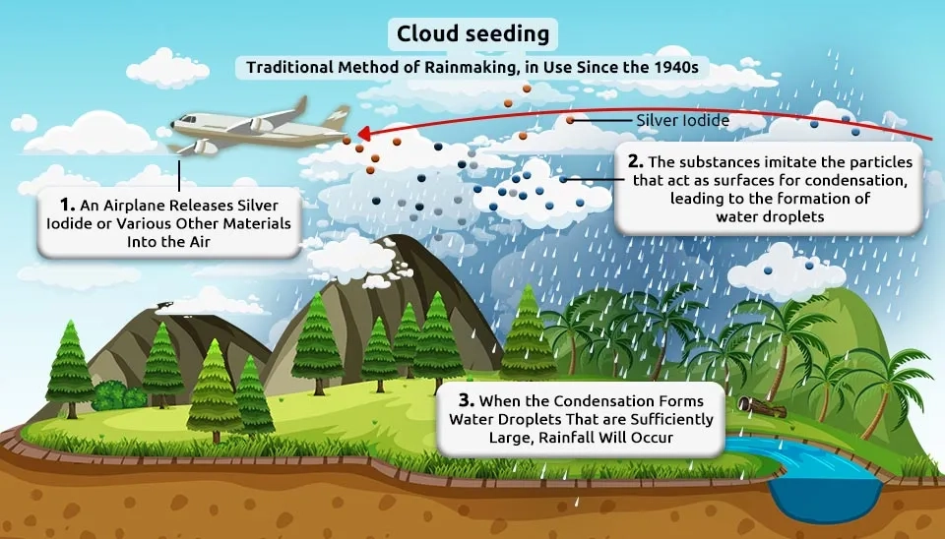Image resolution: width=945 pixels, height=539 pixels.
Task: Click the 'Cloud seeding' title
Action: (472, 33)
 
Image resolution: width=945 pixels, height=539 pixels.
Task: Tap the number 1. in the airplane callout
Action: (67, 205)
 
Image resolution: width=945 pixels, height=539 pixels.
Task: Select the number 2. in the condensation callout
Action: (635, 161)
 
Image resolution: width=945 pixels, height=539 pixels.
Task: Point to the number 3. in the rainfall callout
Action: (466, 400)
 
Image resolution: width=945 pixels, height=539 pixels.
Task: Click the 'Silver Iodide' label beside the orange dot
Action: (683, 120)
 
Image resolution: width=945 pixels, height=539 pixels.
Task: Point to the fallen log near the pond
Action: (761, 407)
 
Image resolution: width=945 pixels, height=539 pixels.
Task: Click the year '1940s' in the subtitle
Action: (675, 67)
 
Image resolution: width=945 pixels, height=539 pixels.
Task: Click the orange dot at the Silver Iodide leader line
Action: (570, 120)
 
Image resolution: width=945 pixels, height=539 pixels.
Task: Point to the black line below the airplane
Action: (179, 175)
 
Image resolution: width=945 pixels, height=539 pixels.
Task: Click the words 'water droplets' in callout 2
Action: (770, 216)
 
